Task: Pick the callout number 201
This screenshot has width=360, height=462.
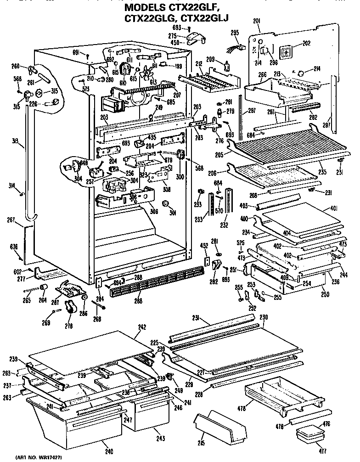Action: coord(256,21)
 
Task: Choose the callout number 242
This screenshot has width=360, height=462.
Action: coord(142,327)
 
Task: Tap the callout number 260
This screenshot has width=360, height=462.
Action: coord(15,65)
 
